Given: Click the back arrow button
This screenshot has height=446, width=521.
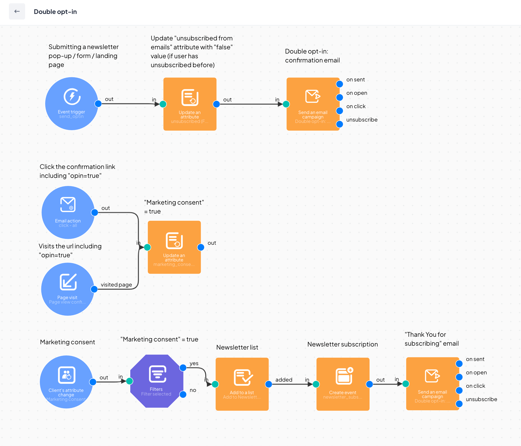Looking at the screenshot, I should click(17, 11).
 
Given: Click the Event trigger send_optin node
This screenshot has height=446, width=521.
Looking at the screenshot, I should click(72, 104).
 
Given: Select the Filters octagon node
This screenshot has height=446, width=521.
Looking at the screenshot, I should click(156, 381).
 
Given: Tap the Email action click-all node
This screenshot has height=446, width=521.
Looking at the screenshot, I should click(68, 212).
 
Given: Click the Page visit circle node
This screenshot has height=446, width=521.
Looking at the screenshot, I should click(67, 289).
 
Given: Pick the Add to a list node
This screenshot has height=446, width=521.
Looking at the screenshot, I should click(242, 384).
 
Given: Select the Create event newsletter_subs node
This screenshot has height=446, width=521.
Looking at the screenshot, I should click(343, 384).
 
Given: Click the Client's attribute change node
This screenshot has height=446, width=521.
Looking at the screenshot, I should click(66, 382).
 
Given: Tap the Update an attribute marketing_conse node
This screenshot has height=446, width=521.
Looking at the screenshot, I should click(174, 247).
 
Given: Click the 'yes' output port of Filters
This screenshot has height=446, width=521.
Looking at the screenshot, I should click(183, 368).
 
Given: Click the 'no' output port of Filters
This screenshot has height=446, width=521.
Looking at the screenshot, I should click(183, 394).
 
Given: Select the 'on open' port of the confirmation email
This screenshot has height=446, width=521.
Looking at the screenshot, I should click(339, 97).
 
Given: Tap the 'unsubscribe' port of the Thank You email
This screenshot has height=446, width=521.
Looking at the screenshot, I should click(459, 404).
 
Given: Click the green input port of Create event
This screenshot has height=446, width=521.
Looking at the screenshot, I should click(316, 384).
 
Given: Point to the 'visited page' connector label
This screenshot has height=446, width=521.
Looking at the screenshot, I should click(116, 285).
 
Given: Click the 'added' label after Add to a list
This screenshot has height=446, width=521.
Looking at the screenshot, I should click(284, 380).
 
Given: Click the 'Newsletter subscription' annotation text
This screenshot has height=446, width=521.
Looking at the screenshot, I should click(342, 344).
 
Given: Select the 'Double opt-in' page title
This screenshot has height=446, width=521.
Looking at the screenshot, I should click(55, 12).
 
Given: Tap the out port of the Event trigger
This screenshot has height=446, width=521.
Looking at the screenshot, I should click(98, 104).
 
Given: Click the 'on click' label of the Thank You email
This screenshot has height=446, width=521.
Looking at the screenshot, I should click(475, 386).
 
